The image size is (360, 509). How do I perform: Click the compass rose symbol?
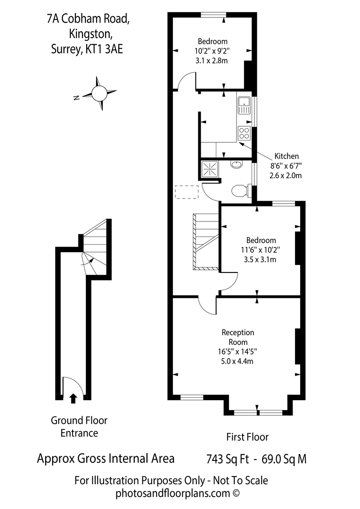[100, 93]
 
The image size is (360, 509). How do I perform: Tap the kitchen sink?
[244, 105]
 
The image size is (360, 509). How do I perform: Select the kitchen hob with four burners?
[244, 132]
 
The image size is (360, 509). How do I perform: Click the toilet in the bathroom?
[241, 190]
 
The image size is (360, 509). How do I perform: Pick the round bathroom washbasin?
[236, 164]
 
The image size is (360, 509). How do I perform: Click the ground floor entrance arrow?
[73, 399]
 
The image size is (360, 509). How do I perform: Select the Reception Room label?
[238, 337]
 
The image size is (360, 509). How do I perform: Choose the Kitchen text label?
[286, 156]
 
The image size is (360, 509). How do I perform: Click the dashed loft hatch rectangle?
[187, 192]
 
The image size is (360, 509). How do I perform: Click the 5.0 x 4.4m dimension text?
[238, 361]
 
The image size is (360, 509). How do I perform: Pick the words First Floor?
[247, 437]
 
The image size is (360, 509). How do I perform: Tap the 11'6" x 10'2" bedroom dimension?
[257, 250]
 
